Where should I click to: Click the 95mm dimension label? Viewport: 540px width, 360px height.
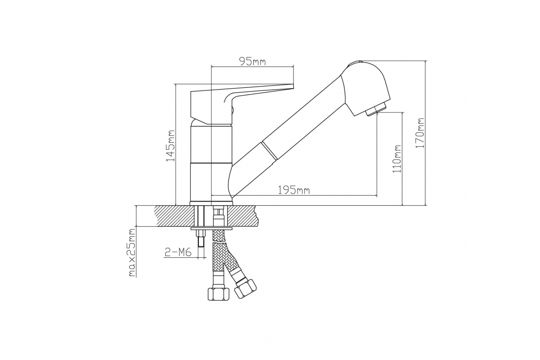252,62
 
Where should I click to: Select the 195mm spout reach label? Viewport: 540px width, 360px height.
294,190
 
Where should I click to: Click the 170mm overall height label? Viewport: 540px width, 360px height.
420,133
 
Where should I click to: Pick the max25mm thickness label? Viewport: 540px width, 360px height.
132,253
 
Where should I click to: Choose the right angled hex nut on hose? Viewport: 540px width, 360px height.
246,288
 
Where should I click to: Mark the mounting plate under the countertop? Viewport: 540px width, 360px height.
211,229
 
